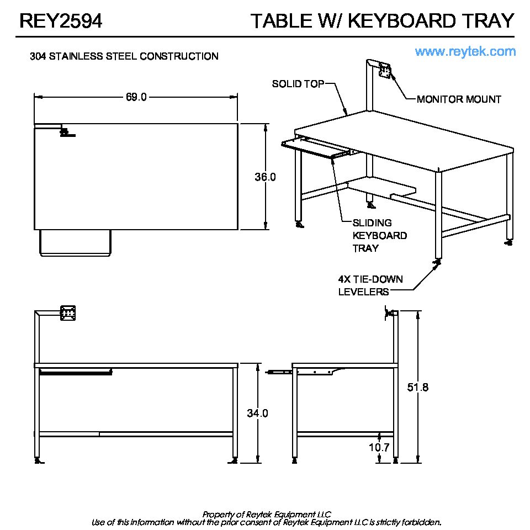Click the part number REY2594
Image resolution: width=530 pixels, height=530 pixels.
point(61,21)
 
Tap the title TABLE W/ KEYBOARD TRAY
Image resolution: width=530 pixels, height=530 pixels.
point(382,21)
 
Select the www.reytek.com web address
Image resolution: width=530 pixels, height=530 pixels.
point(465,51)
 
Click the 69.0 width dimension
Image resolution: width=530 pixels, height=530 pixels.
point(136,97)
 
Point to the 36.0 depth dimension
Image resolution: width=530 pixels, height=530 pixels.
point(265,177)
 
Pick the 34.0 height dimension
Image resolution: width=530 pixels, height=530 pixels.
point(257,413)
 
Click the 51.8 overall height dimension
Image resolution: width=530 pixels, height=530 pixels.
point(418,387)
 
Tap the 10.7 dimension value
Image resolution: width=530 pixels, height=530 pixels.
point(379,447)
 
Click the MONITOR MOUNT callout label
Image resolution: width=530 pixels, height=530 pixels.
point(459,99)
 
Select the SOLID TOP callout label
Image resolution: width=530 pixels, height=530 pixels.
point(294,84)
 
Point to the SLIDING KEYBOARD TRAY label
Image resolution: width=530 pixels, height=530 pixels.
point(372,236)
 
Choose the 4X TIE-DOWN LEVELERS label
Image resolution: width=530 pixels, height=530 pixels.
point(370,285)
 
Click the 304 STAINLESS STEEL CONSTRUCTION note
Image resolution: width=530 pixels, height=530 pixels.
point(124,56)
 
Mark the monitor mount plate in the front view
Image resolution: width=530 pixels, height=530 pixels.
point(68,313)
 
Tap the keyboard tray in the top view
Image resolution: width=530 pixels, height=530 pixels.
point(76,243)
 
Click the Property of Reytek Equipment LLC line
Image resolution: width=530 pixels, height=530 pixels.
point(267,514)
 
